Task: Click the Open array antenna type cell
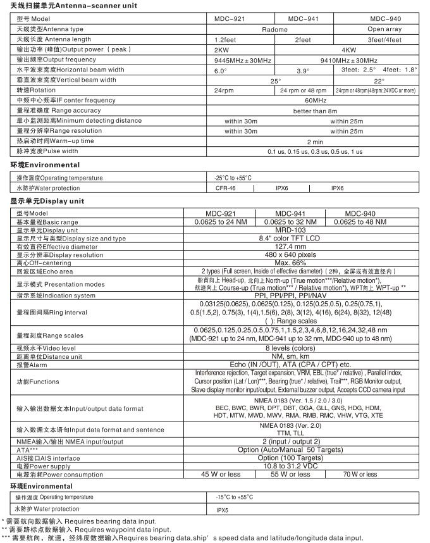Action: (x=385, y=29)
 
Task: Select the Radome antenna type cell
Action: (x=274, y=29)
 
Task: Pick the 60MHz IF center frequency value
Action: (x=315, y=100)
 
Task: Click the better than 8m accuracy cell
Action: (x=315, y=110)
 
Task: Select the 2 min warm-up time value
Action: (x=315, y=141)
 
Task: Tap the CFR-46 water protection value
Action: (x=226, y=188)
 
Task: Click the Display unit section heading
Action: (x=47, y=201)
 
